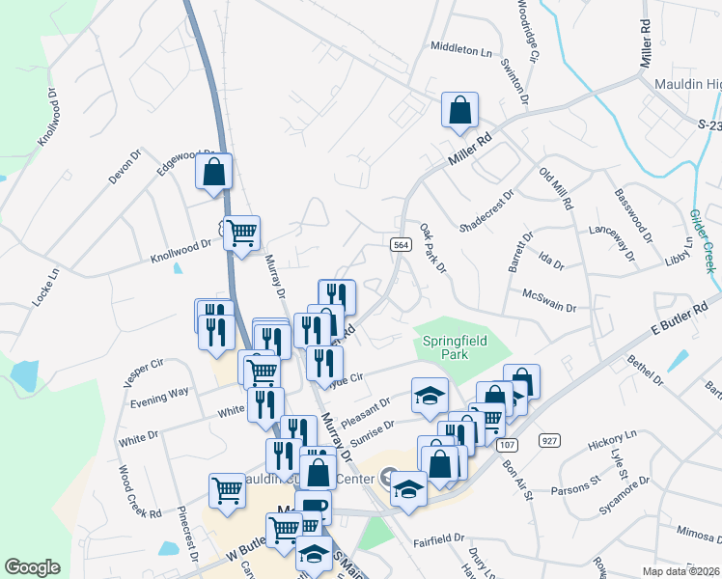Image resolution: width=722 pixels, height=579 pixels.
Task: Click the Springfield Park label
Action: point(452,347)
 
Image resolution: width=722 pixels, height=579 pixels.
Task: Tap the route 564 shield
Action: point(400,246)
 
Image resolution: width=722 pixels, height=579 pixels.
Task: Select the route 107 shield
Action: point(506,445)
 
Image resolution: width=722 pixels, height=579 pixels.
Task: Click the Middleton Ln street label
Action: point(461,45)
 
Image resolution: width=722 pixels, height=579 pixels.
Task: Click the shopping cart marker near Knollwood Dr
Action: point(241,232)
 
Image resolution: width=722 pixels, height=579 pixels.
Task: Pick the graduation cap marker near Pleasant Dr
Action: point(430,394)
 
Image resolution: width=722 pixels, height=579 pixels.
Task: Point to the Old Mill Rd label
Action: point(556,189)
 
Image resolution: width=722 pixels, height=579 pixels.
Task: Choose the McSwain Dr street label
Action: point(548,300)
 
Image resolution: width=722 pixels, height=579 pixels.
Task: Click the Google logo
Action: point(33,567)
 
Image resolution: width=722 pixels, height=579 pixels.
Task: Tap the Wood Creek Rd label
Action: point(140,492)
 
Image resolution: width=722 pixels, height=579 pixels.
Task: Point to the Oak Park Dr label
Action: point(433,248)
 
